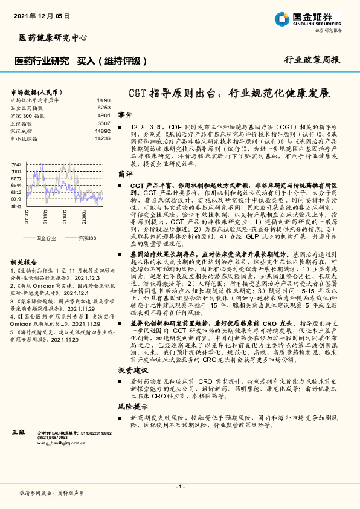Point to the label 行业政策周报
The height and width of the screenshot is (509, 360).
click(x=312, y=60)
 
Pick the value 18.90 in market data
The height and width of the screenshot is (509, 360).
click(x=103, y=100)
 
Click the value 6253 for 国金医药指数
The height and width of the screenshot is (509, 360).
click(x=104, y=108)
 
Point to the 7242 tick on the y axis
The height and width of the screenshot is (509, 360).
click(x=16, y=164)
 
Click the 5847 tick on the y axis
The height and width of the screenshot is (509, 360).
click(x=16, y=206)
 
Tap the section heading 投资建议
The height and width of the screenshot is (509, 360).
click(x=132, y=369)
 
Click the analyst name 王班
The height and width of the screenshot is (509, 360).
click(x=19, y=433)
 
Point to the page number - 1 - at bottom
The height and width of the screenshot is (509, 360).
click(x=180, y=486)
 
